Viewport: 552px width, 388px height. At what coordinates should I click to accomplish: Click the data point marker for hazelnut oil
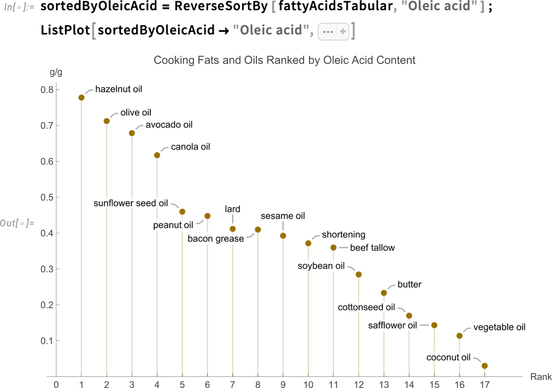(82, 97)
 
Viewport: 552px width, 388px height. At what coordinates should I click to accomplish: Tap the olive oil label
(136, 112)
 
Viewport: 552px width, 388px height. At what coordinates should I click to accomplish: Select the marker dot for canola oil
(157, 155)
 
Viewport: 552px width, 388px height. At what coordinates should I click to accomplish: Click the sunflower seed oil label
(131, 203)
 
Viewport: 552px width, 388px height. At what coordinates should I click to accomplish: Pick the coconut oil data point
(484, 366)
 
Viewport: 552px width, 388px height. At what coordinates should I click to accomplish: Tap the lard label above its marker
(233, 208)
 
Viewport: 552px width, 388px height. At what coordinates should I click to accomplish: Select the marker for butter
(384, 293)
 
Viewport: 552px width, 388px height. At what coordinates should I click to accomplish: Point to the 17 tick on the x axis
(484, 385)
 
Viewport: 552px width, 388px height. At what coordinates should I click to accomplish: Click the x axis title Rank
(541, 376)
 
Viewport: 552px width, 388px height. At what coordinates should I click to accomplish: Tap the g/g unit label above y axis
(56, 73)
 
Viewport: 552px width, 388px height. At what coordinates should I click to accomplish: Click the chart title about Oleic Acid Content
(284, 60)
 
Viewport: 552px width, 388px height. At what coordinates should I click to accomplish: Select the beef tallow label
(372, 248)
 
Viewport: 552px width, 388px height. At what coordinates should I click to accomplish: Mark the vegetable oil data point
(459, 336)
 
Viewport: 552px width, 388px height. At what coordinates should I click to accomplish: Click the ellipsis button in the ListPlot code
(328, 32)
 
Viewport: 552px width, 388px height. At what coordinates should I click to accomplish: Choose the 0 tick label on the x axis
(56, 385)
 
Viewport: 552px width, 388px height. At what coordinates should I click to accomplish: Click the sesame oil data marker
(283, 236)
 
